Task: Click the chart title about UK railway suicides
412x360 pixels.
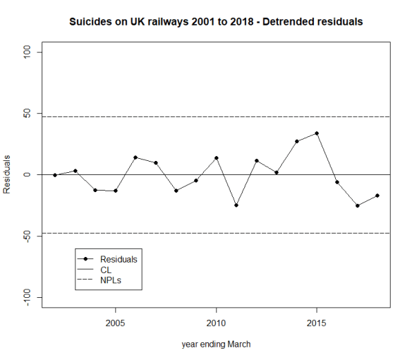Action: (x=216, y=22)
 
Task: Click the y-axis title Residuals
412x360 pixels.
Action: (x=7, y=174)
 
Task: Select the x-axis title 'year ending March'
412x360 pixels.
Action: (x=215, y=344)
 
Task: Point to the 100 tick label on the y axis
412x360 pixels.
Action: (x=29, y=52)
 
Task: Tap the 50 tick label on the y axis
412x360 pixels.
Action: (x=29, y=114)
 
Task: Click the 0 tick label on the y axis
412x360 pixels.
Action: (x=29, y=174)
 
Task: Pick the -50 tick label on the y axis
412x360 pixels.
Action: (x=29, y=236)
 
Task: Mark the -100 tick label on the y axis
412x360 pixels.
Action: (x=29, y=296)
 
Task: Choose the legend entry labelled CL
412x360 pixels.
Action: (x=106, y=270)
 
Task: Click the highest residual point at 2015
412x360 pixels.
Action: (x=317, y=133)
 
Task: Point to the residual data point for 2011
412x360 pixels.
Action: (x=236, y=205)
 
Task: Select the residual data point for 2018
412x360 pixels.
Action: (x=377, y=196)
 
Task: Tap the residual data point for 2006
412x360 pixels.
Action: (x=135, y=157)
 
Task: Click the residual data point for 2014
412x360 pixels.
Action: (x=297, y=141)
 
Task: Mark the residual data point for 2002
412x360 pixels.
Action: (x=55, y=175)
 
